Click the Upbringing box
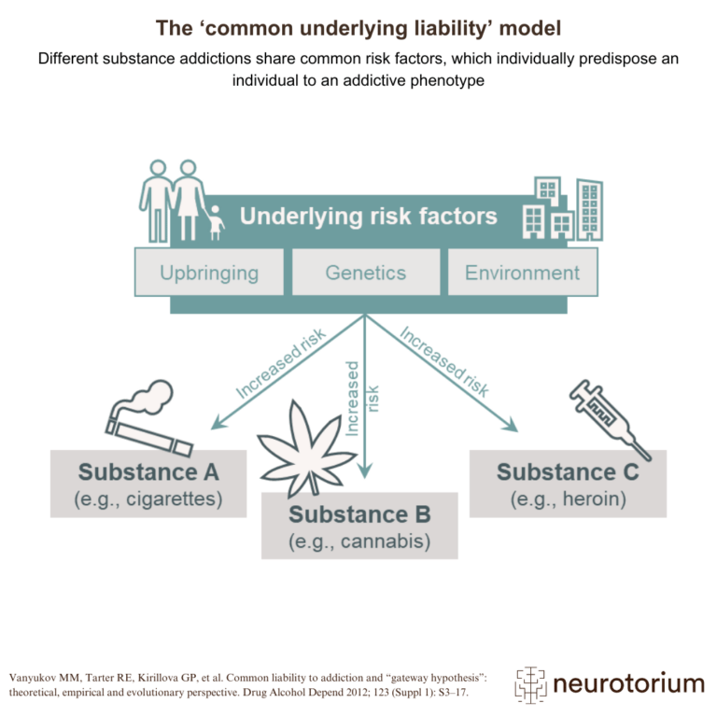tap(209, 272)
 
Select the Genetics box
tap(366, 272)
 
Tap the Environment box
tap(523, 272)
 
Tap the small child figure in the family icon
tap(215, 223)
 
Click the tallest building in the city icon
tap(589, 209)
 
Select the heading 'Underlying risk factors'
tap(369, 217)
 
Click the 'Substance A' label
tap(148, 471)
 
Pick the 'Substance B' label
tap(359, 514)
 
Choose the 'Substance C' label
tap(568, 471)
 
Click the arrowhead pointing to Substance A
tap(218, 423)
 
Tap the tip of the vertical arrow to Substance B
tap(365, 478)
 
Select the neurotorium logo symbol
tap(530, 684)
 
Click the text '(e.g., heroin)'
tap(568, 499)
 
